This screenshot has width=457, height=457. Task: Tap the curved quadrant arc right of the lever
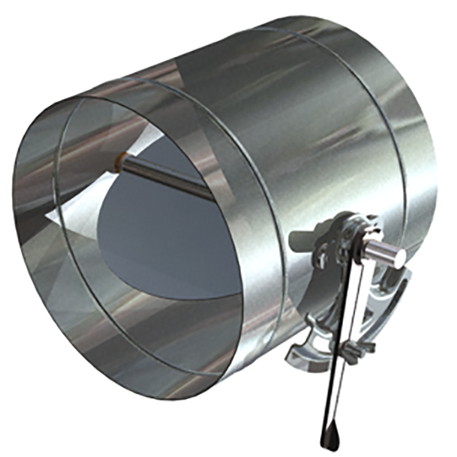[x=392, y=305]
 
